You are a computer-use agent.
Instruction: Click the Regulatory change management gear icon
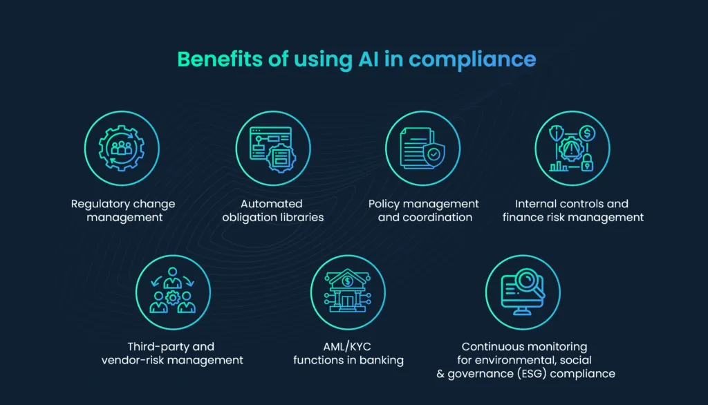tap(123, 148)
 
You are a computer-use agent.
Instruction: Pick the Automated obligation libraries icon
tap(272, 148)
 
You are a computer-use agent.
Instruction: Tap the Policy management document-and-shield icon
tap(422, 148)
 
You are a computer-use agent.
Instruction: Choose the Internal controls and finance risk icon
tap(572, 148)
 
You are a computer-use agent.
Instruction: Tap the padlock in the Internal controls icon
tap(587, 163)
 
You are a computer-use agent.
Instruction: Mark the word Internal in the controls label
tap(536, 204)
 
